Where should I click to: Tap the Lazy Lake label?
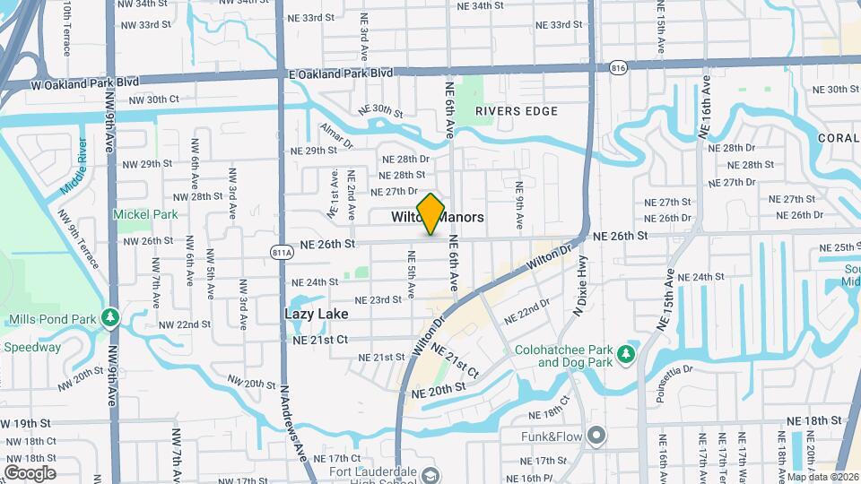(316, 315)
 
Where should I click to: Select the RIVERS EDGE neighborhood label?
(517, 111)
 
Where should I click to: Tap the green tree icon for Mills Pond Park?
(110, 318)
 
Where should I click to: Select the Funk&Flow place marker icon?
(597, 436)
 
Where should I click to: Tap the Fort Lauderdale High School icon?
(431, 475)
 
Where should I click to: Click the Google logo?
(30, 472)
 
